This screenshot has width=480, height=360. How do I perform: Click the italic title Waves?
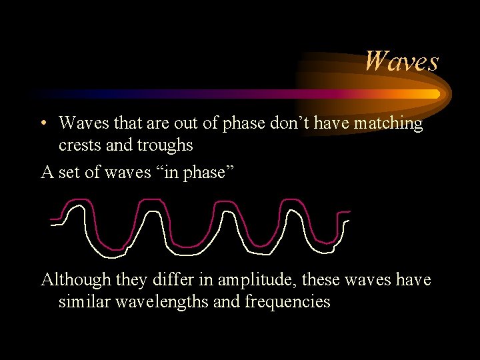pos(401,61)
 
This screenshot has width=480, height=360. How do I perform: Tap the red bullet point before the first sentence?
pos(43,124)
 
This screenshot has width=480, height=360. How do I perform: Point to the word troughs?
pos(163,145)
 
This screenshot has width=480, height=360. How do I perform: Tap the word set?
pos(66,173)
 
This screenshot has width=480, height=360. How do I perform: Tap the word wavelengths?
pos(167,302)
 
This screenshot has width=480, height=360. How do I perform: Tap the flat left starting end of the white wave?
pos(57,224)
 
